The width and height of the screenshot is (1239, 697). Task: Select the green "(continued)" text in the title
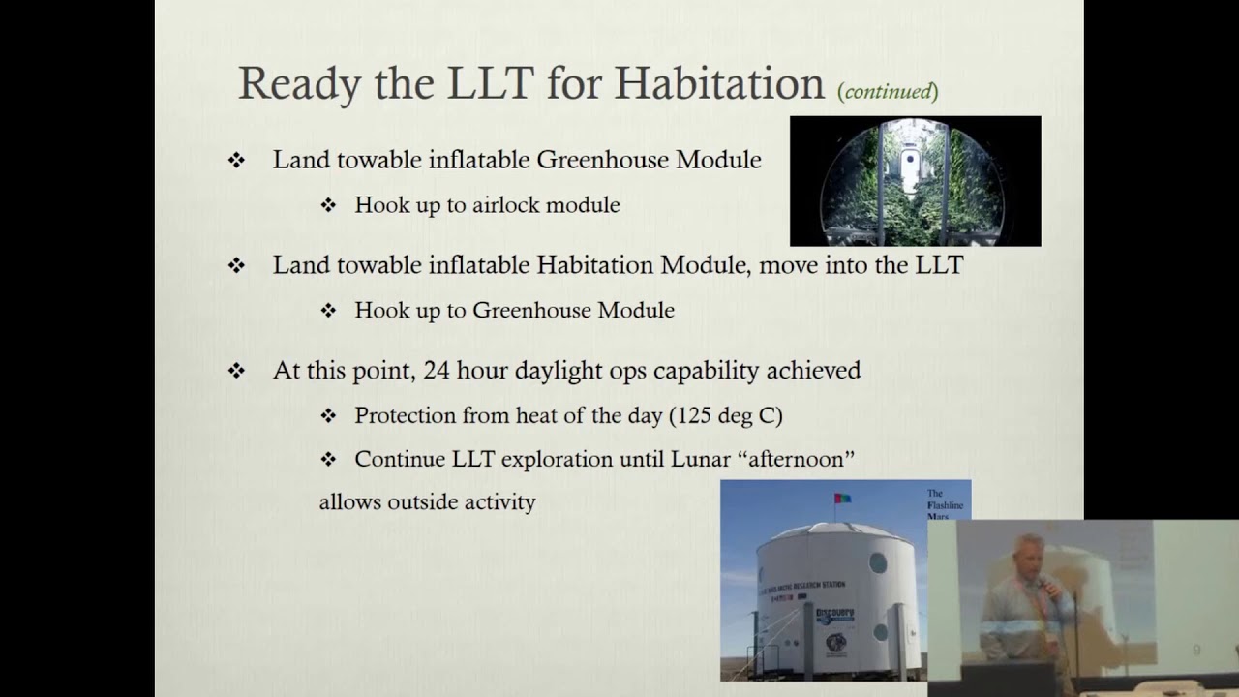tap(888, 91)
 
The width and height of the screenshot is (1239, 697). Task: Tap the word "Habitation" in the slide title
tap(718, 83)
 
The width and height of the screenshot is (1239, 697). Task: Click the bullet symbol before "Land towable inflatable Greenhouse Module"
tap(236, 161)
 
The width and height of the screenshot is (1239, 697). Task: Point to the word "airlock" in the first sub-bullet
tap(505, 205)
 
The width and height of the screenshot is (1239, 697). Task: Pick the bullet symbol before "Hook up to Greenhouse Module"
tap(328, 311)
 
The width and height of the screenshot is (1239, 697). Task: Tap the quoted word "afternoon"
tap(801, 459)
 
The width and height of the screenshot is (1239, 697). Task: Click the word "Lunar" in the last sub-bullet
tap(701, 459)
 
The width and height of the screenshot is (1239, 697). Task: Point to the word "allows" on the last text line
tap(349, 501)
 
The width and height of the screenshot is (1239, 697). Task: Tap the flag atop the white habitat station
tap(842, 499)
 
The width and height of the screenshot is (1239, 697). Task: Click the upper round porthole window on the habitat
tap(877, 561)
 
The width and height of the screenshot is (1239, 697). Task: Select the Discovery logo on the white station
tap(834, 616)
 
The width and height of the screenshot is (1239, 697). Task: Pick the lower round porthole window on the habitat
tap(879, 632)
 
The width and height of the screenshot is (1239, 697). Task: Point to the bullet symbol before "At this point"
tap(236, 372)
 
